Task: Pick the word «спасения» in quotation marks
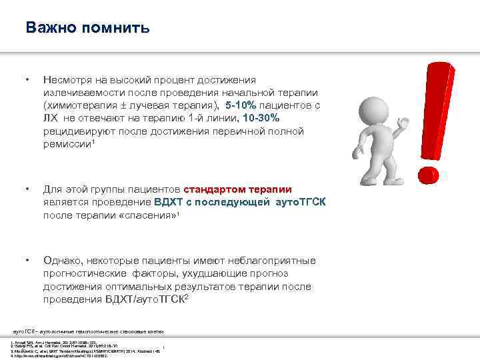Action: [153, 215]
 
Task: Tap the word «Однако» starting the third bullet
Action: [62, 260]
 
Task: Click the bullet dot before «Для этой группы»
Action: [27, 189]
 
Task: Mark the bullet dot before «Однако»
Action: [27, 260]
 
